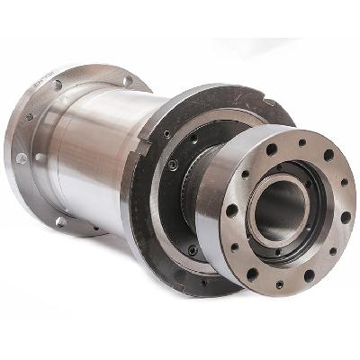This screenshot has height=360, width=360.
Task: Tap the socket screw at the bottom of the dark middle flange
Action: click(x=193, y=249)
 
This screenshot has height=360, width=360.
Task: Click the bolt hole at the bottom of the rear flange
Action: click(x=60, y=221)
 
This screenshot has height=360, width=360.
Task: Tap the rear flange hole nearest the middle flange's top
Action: click(x=127, y=81)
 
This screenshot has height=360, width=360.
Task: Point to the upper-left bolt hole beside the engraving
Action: click(x=58, y=85)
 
